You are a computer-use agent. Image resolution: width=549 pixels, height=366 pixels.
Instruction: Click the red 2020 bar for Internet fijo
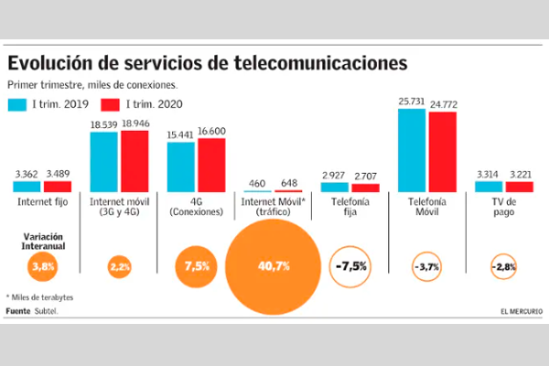point(59,187)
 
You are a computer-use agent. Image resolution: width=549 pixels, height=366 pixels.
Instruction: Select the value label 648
point(288,183)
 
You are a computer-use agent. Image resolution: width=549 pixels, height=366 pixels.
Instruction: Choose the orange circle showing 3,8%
point(44,267)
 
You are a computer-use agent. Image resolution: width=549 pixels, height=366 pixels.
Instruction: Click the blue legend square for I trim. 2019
point(18,103)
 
